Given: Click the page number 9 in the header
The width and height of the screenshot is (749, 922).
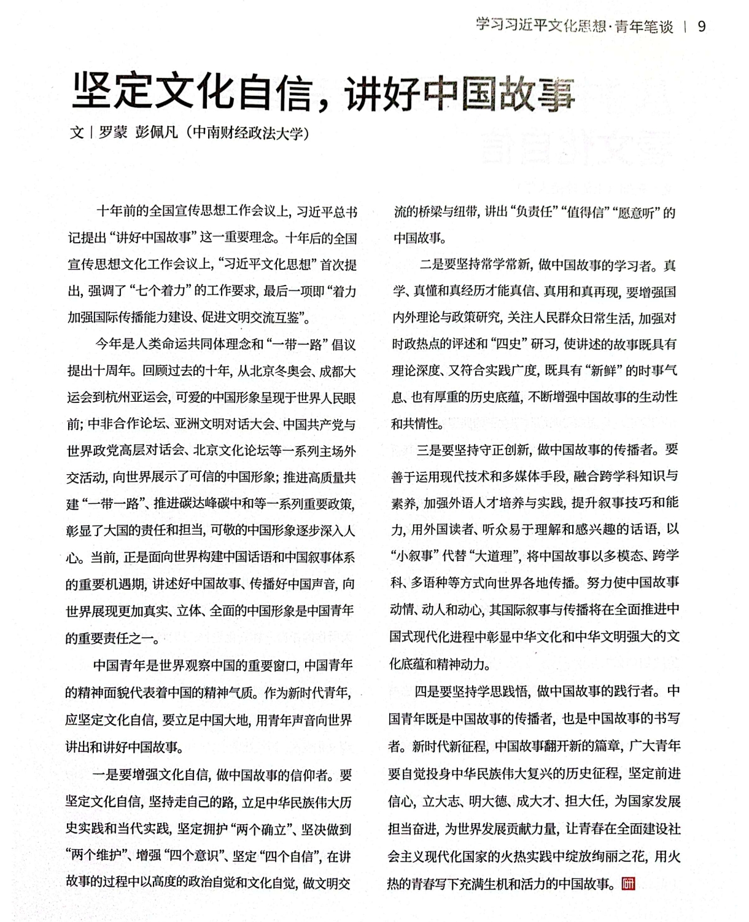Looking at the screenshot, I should click(x=702, y=26).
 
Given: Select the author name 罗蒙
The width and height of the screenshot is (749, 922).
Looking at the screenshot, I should click(x=112, y=132).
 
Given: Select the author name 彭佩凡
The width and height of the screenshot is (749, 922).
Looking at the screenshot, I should click(x=156, y=132).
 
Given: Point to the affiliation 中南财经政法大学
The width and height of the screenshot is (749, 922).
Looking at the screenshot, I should click(x=248, y=132).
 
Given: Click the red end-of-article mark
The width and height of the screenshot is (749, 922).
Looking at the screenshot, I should click(x=628, y=883).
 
